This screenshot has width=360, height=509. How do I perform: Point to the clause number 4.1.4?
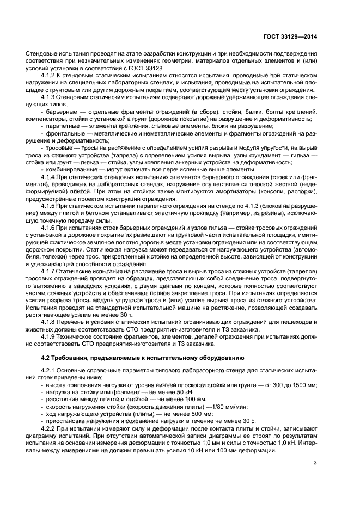(50, 177)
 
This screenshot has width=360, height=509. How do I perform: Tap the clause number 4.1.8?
(50, 322)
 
